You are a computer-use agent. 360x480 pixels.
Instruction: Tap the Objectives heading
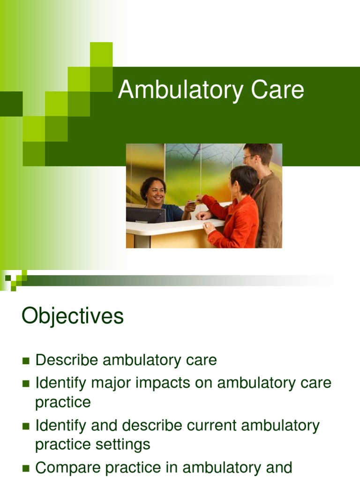point(73,316)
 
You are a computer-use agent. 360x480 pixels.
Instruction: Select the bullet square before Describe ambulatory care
point(26,361)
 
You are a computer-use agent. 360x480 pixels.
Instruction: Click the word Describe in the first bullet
point(67,360)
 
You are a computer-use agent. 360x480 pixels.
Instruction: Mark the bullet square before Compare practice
point(26,468)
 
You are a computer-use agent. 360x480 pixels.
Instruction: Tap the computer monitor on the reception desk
point(145,215)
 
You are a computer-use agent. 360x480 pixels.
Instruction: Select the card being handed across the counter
point(192,202)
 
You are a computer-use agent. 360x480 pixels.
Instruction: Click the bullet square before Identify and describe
point(26,426)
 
